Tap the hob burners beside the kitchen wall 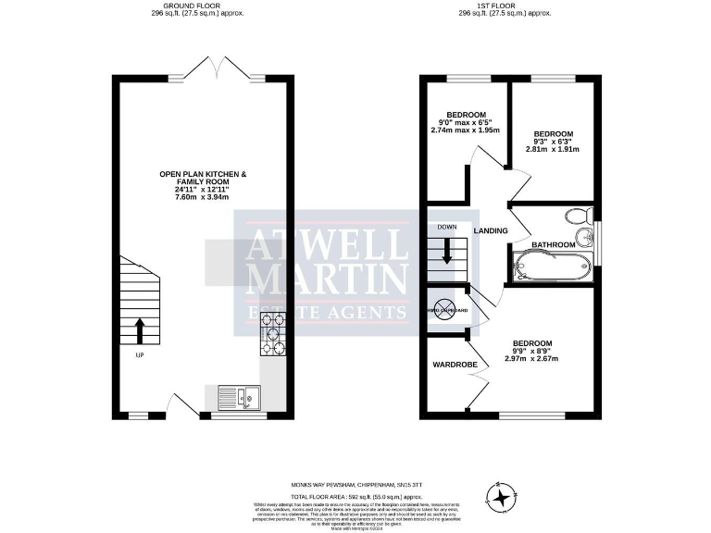pyautogui.click(x=275, y=335)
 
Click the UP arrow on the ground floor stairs pyautogui.click(x=141, y=328)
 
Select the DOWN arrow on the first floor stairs pyautogui.click(x=447, y=251)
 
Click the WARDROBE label pyautogui.click(x=455, y=366)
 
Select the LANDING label pyautogui.click(x=490, y=230)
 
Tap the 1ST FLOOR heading pyautogui.click(x=495, y=6)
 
